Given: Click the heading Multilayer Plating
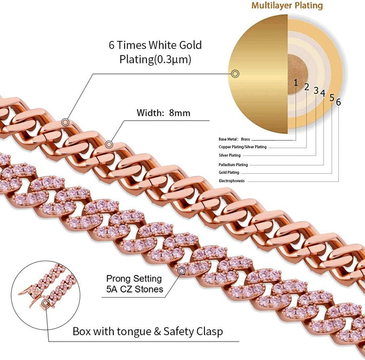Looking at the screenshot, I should coord(287,6).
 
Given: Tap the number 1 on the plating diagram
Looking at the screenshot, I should coord(295,82).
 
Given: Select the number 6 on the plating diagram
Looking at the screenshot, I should coord(338,102).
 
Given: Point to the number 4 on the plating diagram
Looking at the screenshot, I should coord(323,92).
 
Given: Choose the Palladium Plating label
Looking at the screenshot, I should coord(233,165).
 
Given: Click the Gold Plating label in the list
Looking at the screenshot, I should coord(230,172).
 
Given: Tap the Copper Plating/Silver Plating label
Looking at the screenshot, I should coord(242,147).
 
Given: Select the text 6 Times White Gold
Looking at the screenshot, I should coord(155,45).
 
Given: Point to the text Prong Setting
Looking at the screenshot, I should coord(133,279).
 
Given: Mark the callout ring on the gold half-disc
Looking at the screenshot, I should coord(235,74).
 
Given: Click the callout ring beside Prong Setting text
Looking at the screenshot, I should coord(182,270).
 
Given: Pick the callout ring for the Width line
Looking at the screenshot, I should coord(109,145).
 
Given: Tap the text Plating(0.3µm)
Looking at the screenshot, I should coord(155,59).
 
